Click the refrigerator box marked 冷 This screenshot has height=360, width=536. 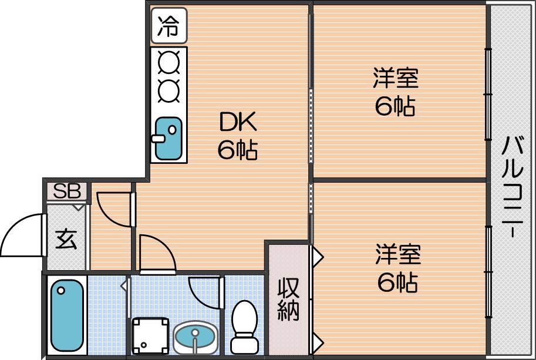169,26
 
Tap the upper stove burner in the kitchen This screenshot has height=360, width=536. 169,62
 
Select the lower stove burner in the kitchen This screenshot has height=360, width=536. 169,91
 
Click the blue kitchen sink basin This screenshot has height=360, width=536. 168,139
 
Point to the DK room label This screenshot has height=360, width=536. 238,122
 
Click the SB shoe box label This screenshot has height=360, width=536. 67,191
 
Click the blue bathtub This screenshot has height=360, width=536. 67,315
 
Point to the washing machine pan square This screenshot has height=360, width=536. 150,336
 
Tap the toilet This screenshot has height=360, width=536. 244,327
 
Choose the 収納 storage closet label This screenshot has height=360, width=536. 288,299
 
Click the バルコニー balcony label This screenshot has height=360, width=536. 512,186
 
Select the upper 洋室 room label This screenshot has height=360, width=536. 396,78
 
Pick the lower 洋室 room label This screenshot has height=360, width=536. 398,254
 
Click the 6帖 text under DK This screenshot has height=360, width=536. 238,149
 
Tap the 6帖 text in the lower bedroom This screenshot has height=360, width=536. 397,282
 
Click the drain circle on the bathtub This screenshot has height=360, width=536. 61,291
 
